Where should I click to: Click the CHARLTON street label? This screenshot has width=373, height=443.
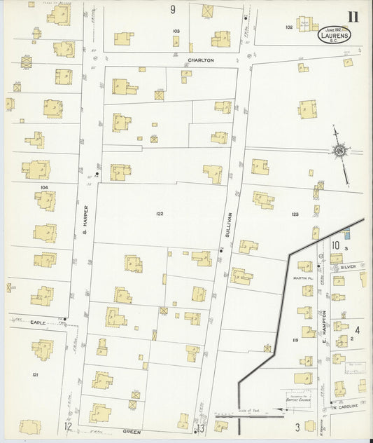pyautogui.click(x=200, y=61)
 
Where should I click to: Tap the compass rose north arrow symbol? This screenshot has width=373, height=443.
pyautogui.click(x=339, y=149)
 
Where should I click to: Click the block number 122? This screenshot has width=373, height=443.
pyautogui.click(x=160, y=214)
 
